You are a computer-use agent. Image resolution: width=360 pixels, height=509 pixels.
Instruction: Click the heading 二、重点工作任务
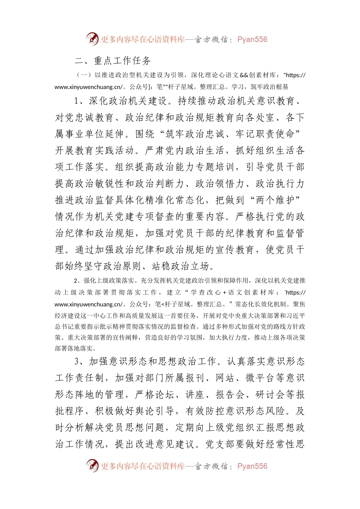113,61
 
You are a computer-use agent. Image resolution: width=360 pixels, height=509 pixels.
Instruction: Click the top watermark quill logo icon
92,39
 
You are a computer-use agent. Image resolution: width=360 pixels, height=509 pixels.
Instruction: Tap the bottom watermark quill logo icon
92,466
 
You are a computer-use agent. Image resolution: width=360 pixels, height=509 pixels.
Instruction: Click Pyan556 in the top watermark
252,39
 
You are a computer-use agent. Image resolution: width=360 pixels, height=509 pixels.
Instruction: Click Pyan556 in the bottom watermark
252,466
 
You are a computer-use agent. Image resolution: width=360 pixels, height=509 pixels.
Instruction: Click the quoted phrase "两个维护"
276,200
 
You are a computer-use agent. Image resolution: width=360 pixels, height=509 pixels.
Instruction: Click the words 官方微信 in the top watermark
211,39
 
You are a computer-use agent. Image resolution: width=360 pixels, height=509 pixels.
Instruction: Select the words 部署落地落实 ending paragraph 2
74,348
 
